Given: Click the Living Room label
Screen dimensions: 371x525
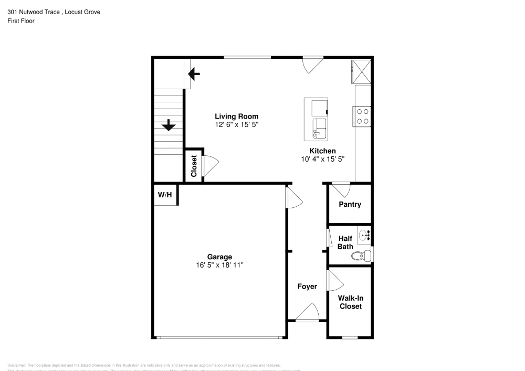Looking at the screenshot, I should coord(236,116).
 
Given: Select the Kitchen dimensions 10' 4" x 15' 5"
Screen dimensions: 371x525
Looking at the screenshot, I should coord(322,159).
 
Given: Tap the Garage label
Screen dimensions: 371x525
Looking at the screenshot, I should coord(219,257).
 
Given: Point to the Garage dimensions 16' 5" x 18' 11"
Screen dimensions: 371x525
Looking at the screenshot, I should coord(219,265).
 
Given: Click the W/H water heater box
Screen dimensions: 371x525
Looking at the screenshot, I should coord(165,195).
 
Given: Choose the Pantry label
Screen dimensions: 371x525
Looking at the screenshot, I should coord(350,204).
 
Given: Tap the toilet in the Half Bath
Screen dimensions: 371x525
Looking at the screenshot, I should coord(360,256).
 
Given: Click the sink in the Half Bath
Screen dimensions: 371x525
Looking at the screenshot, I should coord(364,236).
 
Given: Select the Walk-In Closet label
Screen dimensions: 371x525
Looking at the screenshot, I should coord(350,302).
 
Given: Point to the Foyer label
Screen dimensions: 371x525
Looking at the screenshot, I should coord(307,287).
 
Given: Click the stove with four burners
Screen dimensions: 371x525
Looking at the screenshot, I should coord(362,115).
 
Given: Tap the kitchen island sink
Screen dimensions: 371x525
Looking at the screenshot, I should coord(319,128).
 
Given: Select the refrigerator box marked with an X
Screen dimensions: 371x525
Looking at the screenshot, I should coord(361,71).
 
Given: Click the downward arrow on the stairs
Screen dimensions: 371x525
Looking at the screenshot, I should coord(169,125).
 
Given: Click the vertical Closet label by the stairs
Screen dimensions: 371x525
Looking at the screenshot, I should coord(194,165).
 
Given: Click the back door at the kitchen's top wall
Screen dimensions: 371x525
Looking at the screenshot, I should coord(313,64).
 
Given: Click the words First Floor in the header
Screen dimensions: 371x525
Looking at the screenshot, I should coord(21,21).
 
